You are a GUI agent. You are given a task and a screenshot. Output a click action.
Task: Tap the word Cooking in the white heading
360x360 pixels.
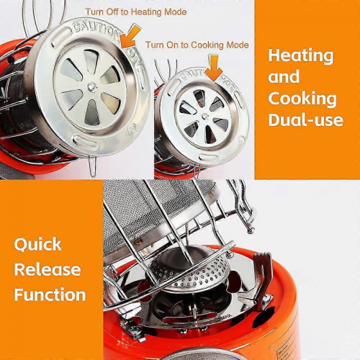point(302,99)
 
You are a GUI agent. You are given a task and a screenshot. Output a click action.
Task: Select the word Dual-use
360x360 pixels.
point(306,120)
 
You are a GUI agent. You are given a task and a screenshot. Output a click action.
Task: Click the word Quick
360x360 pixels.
point(37,245)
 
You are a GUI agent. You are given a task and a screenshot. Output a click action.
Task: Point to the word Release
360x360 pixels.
point(48,269)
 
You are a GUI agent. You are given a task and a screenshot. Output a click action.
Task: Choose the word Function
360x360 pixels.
point(50,294)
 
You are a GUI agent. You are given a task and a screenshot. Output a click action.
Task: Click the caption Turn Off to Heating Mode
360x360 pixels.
point(136,12)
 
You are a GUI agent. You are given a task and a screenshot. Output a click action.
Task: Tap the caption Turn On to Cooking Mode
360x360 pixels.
point(197,45)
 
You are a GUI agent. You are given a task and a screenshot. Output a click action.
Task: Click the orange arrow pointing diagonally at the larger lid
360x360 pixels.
point(130,36)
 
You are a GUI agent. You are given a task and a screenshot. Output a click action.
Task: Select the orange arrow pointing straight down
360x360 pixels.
point(214,68)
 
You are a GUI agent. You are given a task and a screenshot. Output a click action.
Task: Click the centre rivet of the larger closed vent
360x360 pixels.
point(91,86)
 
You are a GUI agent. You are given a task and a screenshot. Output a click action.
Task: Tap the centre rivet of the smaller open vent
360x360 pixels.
point(204,116)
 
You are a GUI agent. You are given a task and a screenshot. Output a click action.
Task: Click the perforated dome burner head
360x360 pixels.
point(189,272)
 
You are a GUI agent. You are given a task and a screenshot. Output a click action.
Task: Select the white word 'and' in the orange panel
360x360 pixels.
point(284,77)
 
